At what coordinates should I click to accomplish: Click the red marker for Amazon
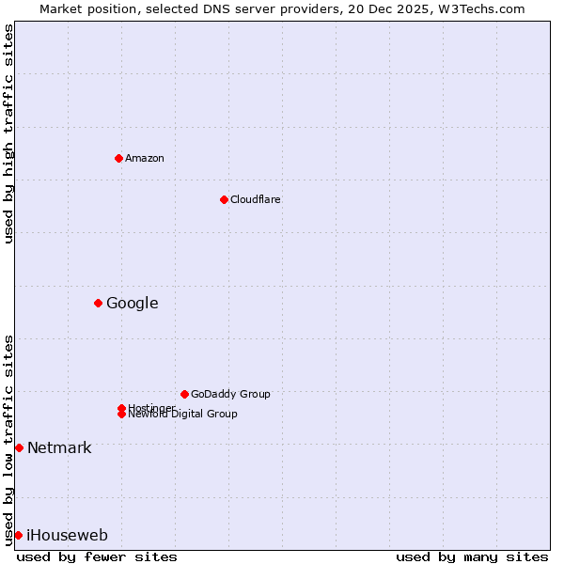(118, 158)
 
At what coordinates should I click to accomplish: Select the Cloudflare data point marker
(224, 199)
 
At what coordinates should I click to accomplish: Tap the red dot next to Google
(98, 303)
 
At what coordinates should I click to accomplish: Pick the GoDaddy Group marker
(184, 394)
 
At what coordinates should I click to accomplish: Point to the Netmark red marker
(19, 447)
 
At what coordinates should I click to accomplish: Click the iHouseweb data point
(18, 535)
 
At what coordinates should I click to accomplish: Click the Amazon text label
(145, 158)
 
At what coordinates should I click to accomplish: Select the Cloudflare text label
(255, 199)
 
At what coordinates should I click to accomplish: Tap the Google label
(132, 303)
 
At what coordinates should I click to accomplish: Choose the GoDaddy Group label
(230, 394)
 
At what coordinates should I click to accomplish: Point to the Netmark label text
(59, 447)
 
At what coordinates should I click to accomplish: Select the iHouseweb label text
(67, 535)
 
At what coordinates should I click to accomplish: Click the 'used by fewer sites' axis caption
(97, 556)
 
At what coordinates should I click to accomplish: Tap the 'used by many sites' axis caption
(472, 556)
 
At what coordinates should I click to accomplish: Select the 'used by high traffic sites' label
(8, 133)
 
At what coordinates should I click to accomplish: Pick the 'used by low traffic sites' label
(8, 439)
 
